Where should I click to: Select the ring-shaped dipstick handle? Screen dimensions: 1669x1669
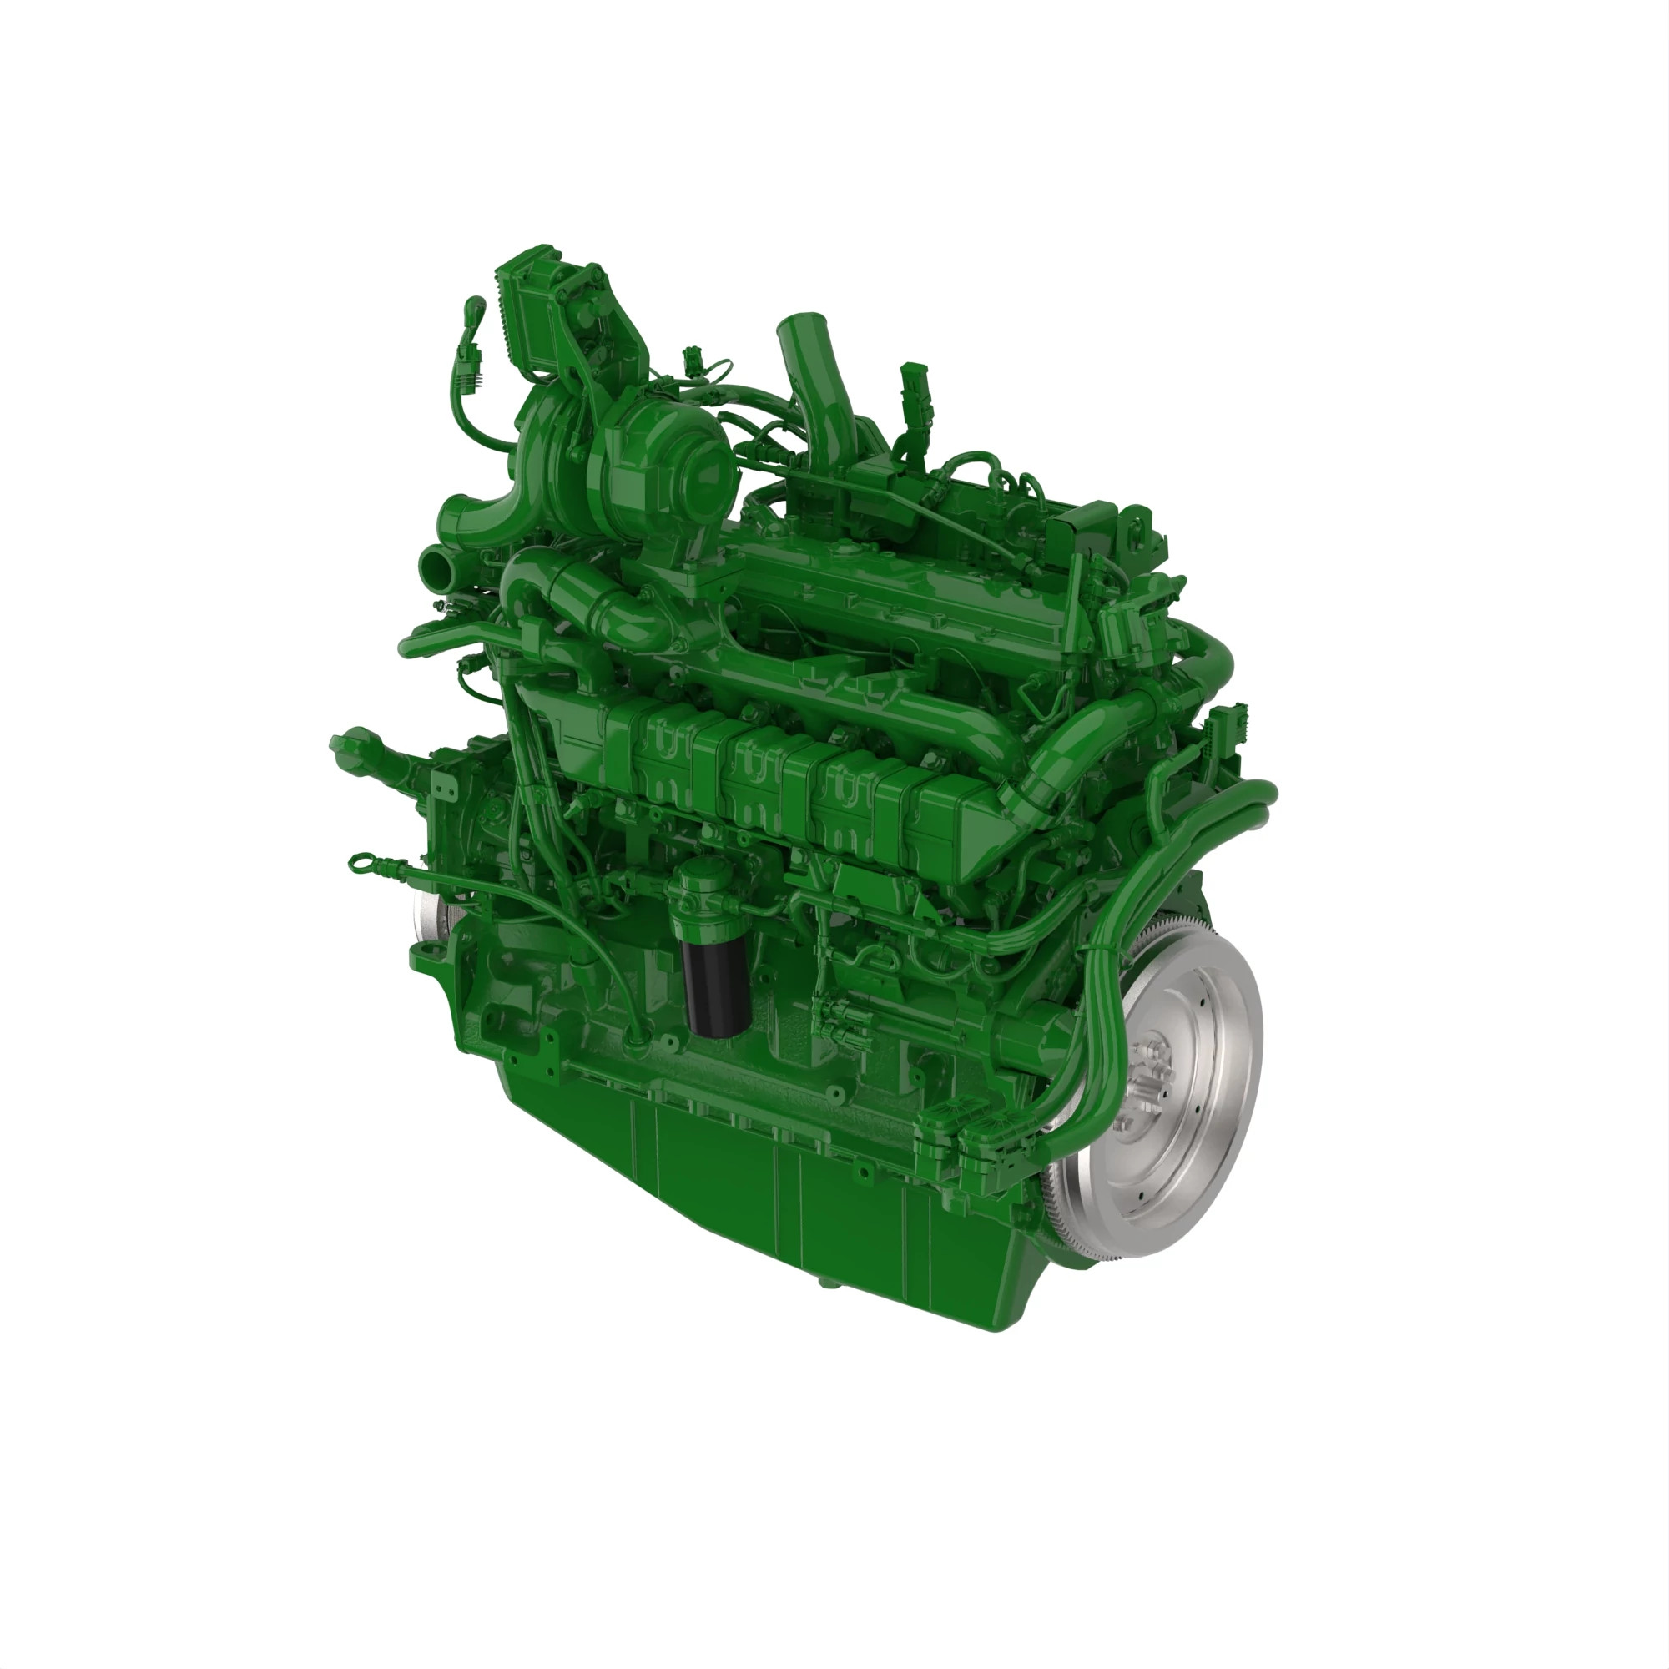point(358,860)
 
